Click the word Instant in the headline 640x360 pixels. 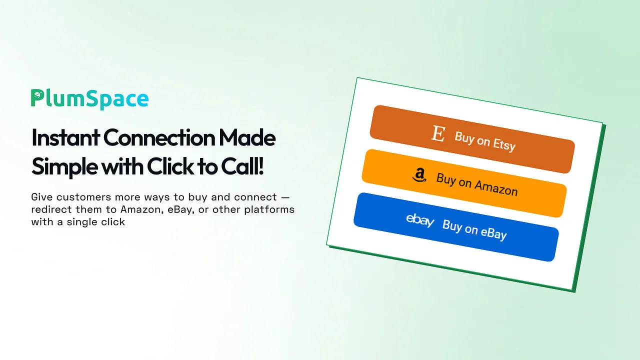click(65, 137)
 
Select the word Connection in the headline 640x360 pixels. click(159, 137)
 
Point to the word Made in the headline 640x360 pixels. click(247, 137)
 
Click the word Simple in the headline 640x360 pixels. click(64, 167)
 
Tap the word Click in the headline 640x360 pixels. click(170, 166)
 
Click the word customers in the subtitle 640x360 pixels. click(83, 197)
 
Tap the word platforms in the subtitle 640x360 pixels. click(269, 209)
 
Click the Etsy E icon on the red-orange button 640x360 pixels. click(438, 133)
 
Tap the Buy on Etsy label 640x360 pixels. click(485, 141)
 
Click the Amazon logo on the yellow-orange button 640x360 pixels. click(419, 175)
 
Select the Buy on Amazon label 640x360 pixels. click(477, 185)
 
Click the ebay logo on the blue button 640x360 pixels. click(420, 220)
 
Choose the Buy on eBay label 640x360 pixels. click(474, 230)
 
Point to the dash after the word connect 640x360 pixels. click(285, 197)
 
